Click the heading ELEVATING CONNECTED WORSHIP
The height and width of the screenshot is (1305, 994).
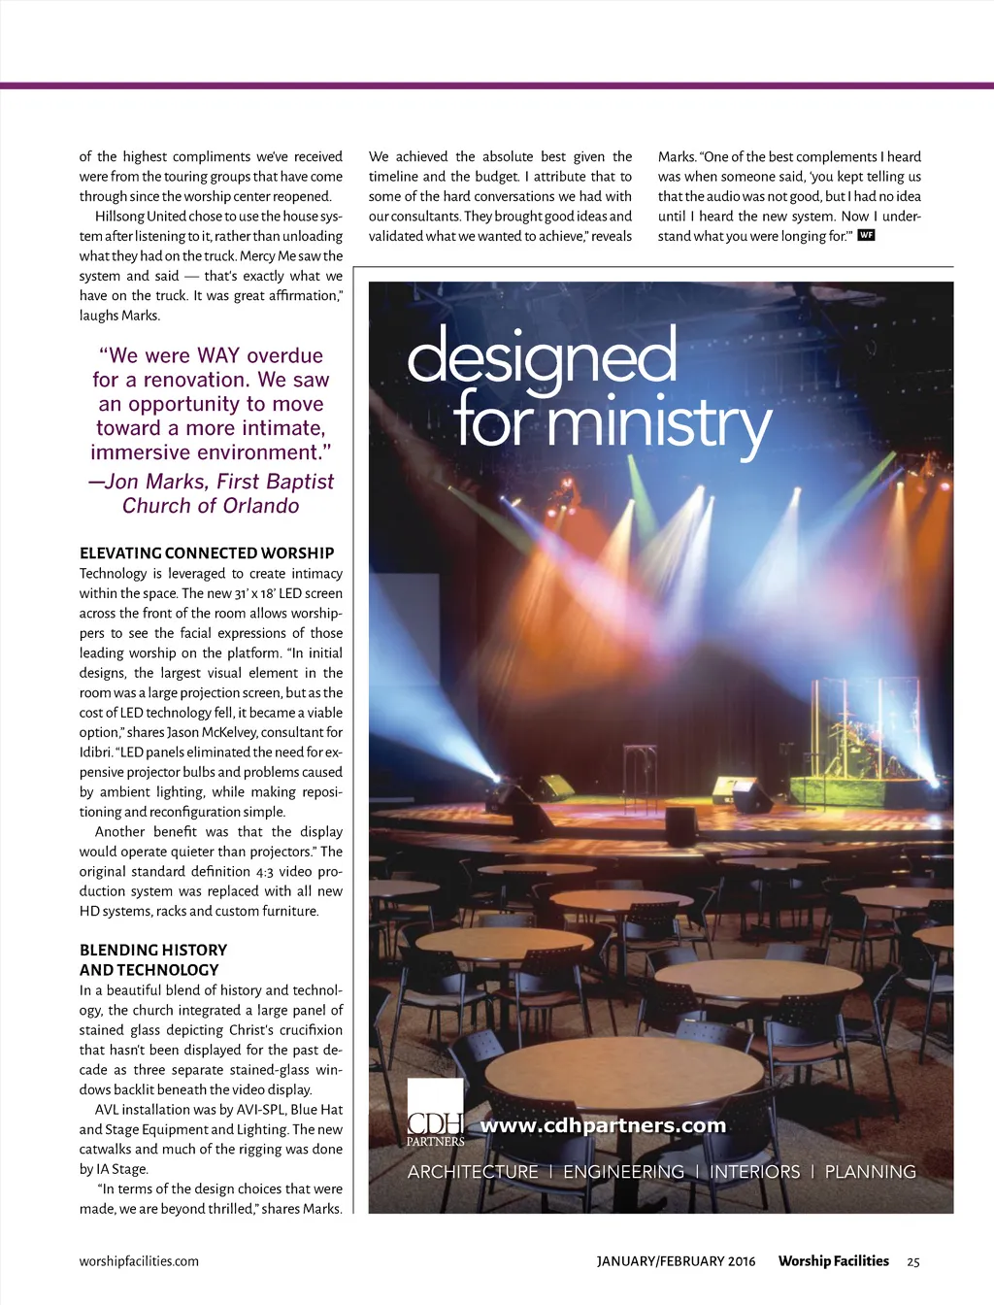pyautogui.click(x=207, y=553)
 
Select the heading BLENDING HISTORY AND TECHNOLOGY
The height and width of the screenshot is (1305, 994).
pyautogui.click(x=153, y=959)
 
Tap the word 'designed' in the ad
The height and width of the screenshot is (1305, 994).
pyautogui.click(x=542, y=357)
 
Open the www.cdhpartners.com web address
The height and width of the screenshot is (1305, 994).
pyautogui.click(x=603, y=1125)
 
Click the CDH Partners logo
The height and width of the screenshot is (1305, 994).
pyautogui.click(x=435, y=1114)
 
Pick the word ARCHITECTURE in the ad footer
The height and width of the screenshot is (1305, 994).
pyautogui.click(x=473, y=1172)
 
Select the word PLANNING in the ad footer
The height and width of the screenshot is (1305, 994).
pyautogui.click(x=870, y=1172)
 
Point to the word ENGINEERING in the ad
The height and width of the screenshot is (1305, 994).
pyautogui.click(x=623, y=1172)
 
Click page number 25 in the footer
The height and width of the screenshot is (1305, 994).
pyautogui.click(x=912, y=1262)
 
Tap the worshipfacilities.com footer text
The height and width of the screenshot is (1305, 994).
pyautogui.click(x=139, y=1261)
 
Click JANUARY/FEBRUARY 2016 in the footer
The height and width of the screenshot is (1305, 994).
pyautogui.click(x=676, y=1261)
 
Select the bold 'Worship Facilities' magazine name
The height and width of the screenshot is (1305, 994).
pyautogui.click(x=833, y=1261)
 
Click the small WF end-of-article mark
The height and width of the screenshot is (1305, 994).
pyautogui.click(x=867, y=235)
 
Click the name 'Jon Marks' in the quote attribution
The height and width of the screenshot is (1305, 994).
pyautogui.click(x=155, y=482)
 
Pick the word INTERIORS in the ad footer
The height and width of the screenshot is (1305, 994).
pyautogui.click(x=754, y=1172)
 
